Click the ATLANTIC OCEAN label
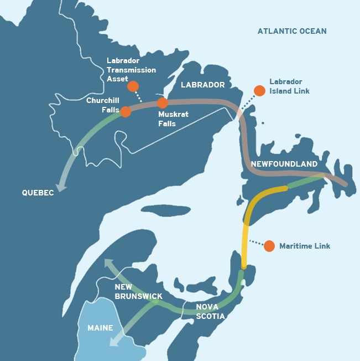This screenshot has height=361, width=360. (292, 31)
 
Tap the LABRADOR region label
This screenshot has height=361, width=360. (203, 85)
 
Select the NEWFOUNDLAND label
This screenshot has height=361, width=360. (284, 164)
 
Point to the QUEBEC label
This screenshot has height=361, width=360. (38, 193)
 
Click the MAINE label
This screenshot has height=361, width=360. (100, 328)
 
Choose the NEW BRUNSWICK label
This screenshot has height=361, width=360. (138, 291)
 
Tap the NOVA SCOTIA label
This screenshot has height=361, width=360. (211, 311)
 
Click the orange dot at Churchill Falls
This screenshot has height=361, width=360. (126, 111)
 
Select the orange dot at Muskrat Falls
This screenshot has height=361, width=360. (162, 102)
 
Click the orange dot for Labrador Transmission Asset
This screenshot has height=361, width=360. (133, 86)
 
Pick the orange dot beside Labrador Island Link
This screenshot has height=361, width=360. (259, 90)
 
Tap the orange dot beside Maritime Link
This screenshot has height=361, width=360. (269, 246)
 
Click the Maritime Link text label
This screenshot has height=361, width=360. (305, 246)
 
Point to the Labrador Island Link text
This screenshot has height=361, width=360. (289, 86)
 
